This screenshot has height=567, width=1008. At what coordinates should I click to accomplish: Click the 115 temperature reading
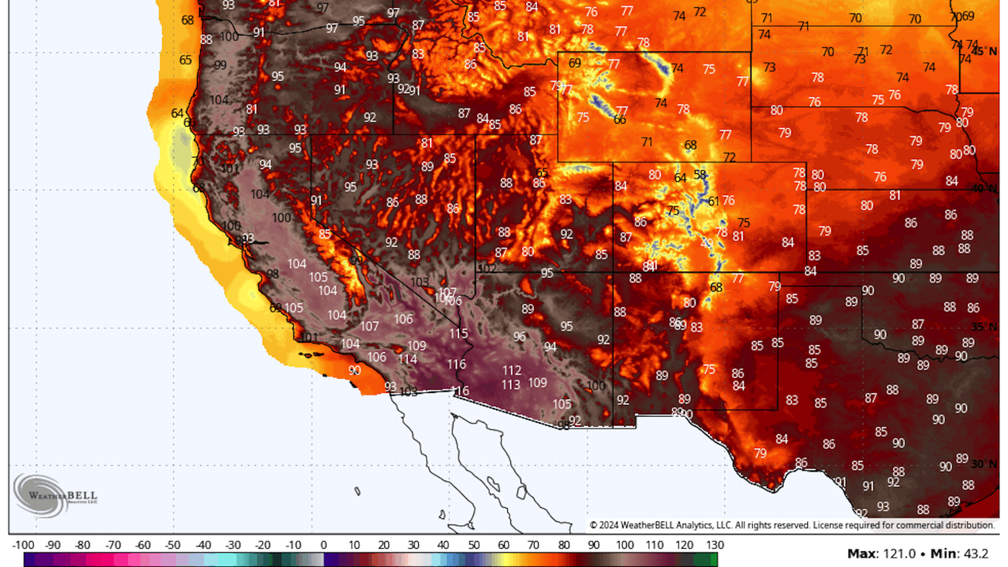coord(458,333)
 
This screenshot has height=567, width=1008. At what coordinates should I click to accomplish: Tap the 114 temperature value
coord(407,359)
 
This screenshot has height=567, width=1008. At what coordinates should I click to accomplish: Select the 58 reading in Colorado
coord(700,174)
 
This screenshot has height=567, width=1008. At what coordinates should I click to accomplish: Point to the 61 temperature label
coord(713,201)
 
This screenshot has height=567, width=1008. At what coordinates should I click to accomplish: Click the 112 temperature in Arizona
coord(511,371)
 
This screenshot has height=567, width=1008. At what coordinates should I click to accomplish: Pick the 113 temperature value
coord(510,385)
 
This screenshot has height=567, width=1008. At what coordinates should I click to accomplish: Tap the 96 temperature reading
coord(519,336)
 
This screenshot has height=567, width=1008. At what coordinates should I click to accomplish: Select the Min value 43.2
coord(975,554)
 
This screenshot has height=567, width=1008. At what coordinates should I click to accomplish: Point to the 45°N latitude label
coord(984,51)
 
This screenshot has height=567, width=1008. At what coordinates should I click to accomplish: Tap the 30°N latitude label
coord(984,464)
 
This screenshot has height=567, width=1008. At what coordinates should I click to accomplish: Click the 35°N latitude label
coord(984,327)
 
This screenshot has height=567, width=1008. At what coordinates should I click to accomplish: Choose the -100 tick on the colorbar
coord(23,545)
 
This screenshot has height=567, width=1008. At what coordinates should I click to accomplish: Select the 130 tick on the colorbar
coord(715,545)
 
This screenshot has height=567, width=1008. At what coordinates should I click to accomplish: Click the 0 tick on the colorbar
coord(323,545)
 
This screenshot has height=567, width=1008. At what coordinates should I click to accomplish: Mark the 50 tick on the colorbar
coord(474,545)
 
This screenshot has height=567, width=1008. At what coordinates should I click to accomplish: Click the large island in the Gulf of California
coord(493,483)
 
